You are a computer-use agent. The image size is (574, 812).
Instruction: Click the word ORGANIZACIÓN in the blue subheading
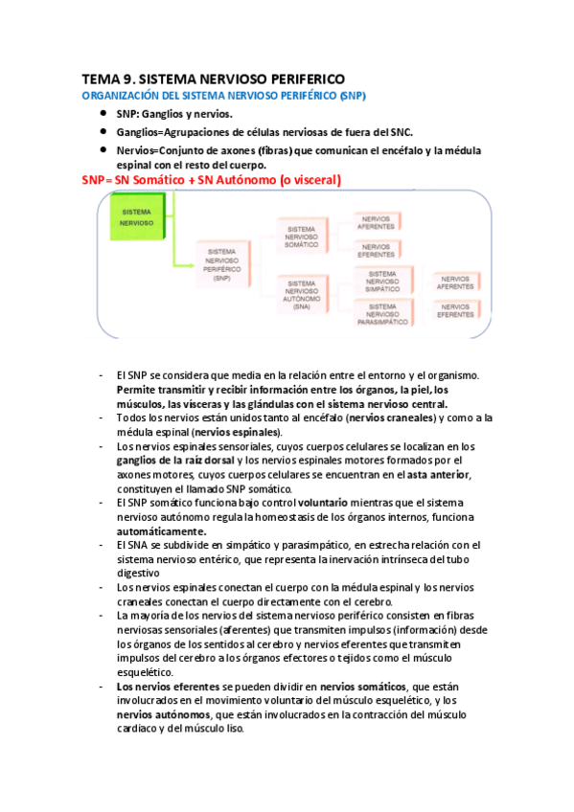[116, 97]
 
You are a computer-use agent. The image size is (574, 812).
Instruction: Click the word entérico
[266, 558]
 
